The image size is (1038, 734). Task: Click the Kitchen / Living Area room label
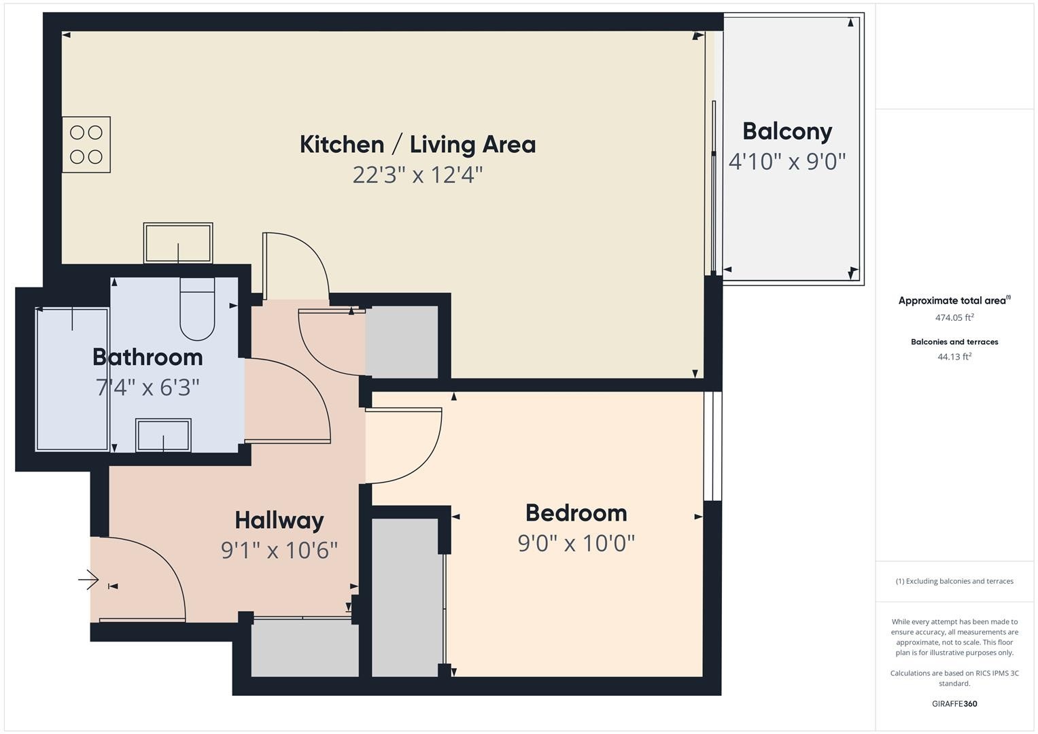click(x=417, y=145)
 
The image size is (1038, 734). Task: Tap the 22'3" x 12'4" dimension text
click(x=417, y=175)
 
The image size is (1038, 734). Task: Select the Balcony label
click(x=787, y=132)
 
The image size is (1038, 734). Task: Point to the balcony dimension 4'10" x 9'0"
click(x=787, y=162)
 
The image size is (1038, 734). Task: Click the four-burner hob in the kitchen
click(x=86, y=145)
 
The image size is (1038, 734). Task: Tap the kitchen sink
click(x=178, y=243)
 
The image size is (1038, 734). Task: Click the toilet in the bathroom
click(x=197, y=309)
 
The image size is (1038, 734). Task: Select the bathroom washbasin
click(x=163, y=435)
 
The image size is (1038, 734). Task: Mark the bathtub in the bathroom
click(x=72, y=379)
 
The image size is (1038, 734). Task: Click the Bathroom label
click(x=148, y=357)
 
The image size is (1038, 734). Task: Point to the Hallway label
click(x=279, y=521)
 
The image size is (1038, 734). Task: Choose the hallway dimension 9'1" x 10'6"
click(x=279, y=550)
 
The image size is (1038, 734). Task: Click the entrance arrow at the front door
click(x=88, y=580)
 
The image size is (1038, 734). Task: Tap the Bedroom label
click(x=576, y=513)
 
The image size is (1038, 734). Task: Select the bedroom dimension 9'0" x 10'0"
click(x=576, y=543)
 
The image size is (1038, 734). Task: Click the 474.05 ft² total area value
click(x=954, y=317)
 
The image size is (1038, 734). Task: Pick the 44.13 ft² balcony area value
click(x=954, y=356)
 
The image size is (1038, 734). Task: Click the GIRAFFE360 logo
click(x=954, y=703)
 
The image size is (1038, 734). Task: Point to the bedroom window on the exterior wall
click(x=712, y=446)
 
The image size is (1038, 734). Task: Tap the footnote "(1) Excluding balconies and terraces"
click(x=954, y=581)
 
